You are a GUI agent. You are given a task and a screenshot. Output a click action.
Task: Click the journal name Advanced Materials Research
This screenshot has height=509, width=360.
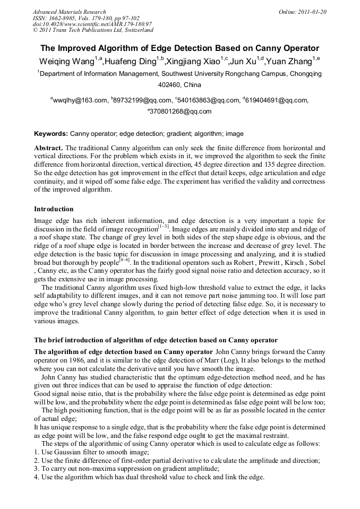pyautogui.click(x=69, y=12)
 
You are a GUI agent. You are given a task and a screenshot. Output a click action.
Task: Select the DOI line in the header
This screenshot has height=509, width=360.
pyautogui.click(x=92, y=24)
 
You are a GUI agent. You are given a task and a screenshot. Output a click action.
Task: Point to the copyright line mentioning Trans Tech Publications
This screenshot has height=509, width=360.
pyautogui.click(x=93, y=30)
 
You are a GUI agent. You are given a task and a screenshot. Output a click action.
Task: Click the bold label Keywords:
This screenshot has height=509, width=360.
pyautogui.click(x=51, y=134)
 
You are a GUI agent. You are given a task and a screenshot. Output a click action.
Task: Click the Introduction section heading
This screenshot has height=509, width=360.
pyautogui.click(x=54, y=209)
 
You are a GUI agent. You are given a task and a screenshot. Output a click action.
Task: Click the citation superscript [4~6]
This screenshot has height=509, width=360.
pyautogui.click(x=124, y=260)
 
